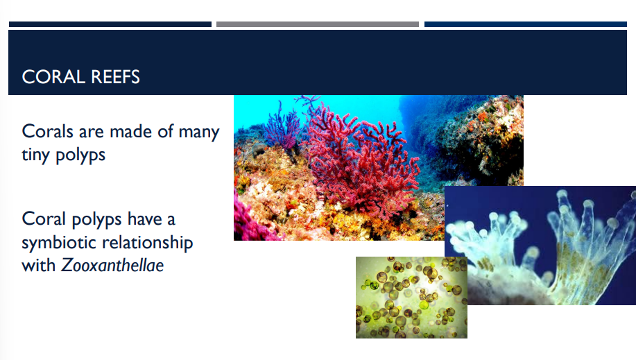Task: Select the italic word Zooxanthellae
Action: (x=112, y=264)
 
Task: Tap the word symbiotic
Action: (x=58, y=243)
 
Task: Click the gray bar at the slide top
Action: (x=318, y=24)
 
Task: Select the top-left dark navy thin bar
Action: (x=110, y=24)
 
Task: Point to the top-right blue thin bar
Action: (x=529, y=24)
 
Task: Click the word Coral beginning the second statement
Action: (x=43, y=220)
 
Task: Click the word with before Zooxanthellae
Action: (x=39, y=264)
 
